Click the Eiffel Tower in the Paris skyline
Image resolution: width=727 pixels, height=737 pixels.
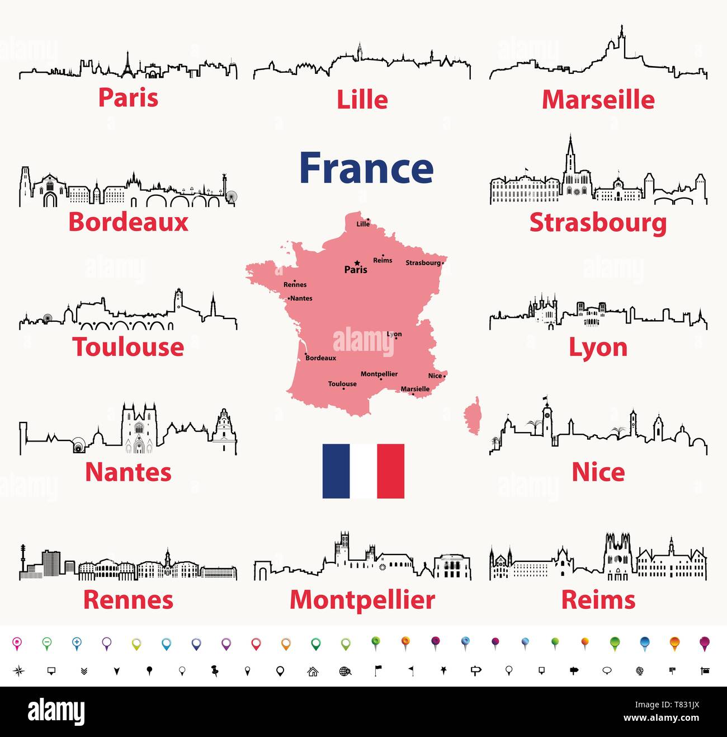128,64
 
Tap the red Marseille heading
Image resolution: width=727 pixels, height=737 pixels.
598,100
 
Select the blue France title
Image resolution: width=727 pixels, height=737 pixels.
366,168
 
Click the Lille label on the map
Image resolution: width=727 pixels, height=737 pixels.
363,224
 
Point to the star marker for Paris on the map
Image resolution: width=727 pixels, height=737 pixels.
357,262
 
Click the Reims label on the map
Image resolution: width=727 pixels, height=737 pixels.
383,260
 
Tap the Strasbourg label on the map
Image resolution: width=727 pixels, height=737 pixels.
423,262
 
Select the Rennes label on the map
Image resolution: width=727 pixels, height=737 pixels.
295,284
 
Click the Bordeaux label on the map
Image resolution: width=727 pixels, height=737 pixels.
321,358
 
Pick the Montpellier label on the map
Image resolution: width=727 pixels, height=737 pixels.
379,374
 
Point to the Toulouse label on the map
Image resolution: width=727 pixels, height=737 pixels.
342,384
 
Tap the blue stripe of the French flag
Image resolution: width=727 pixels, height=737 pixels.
336,471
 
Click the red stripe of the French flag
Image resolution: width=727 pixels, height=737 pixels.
390,471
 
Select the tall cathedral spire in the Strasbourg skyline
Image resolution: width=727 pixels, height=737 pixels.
570,151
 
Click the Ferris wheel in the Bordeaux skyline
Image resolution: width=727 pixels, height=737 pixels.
231,196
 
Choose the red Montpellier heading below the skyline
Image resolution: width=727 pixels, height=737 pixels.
362,600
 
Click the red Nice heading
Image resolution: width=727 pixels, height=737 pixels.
598,472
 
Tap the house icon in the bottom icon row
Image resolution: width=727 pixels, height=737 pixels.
313,671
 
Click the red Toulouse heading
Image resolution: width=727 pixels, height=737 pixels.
128,347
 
